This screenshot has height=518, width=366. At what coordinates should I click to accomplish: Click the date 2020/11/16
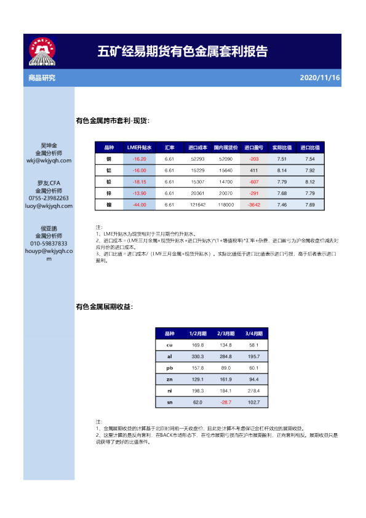click(x=319, y=78)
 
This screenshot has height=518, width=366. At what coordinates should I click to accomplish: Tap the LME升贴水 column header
click(x=139, y=148)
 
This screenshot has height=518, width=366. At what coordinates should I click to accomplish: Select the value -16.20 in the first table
click(x=139, y=159)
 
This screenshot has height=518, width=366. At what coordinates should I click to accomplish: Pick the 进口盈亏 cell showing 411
click(x=253, y=170)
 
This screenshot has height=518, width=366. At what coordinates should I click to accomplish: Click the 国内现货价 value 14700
click(x=226, y=182)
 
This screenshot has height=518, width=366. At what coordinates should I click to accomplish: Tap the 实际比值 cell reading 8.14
click(x=282, y=170)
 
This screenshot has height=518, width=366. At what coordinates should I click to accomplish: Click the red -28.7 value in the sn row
click(x=225, y=402)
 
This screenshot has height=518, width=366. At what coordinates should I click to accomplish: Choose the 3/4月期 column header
click(x=254, y=333)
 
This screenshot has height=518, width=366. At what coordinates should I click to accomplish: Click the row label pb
click(x=170, y=367)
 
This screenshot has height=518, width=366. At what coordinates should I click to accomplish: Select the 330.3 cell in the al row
click(x=197, y=356)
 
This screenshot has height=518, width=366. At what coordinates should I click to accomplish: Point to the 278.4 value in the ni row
click(x=254, y=391)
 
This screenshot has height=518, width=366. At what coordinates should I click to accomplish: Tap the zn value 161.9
click(x=225, y=379)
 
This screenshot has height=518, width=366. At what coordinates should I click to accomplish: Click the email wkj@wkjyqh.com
click(x=49, y=160)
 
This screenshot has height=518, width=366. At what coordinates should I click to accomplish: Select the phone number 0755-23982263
click(x=49, y=198)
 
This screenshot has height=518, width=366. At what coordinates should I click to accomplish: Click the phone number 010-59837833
click(x=49, y=244)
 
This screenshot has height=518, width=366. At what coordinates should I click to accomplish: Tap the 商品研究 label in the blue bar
click(x=42, y=78)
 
